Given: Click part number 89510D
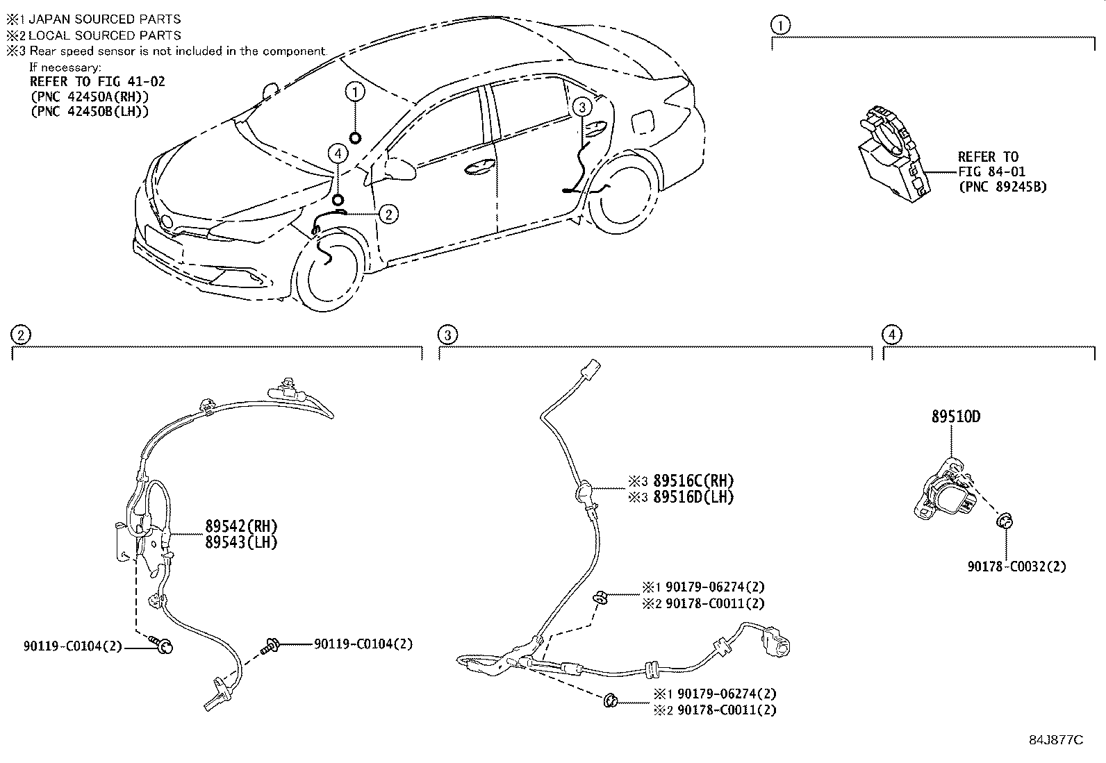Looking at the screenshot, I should [956, 417].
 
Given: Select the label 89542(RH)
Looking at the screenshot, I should [240, 526].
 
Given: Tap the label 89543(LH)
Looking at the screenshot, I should [240, 542].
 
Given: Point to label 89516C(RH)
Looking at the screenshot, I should [693, 480].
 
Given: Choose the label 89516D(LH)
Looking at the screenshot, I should [693, 496].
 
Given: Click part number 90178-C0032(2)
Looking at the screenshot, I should [1016, 566].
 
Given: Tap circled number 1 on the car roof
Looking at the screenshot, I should [355, 91].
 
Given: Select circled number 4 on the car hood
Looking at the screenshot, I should [338, 154].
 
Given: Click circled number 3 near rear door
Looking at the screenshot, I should [581, 106].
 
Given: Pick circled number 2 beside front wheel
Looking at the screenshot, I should [388, 214].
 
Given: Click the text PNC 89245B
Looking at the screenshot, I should [1002, 187].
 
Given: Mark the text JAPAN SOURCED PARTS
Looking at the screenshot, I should [104, 19].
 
